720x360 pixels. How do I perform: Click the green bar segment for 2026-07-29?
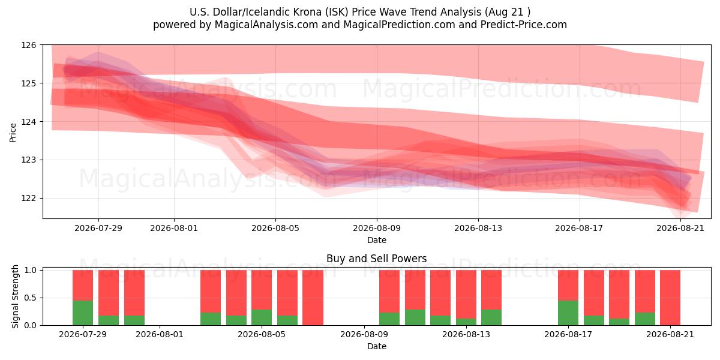83,313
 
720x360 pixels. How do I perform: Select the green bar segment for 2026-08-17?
568,313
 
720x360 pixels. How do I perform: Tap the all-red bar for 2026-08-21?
670,298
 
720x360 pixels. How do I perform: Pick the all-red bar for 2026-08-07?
313,298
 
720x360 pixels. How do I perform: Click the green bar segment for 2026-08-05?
262,317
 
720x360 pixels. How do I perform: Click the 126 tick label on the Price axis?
29,45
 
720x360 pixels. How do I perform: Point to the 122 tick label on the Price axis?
29,199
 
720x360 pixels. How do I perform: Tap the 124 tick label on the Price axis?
29,122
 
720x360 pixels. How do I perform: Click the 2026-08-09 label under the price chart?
377,228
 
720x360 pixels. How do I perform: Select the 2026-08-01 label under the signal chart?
160,335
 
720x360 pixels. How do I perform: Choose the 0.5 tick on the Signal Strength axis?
31,298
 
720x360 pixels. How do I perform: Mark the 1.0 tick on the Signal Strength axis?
31,271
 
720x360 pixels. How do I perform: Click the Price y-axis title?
13,133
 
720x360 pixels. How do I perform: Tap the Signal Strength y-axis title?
15,296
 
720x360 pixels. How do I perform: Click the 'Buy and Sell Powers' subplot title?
377,259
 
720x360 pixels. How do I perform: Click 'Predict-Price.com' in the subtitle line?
524,25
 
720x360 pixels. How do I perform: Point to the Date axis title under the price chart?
377,240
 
